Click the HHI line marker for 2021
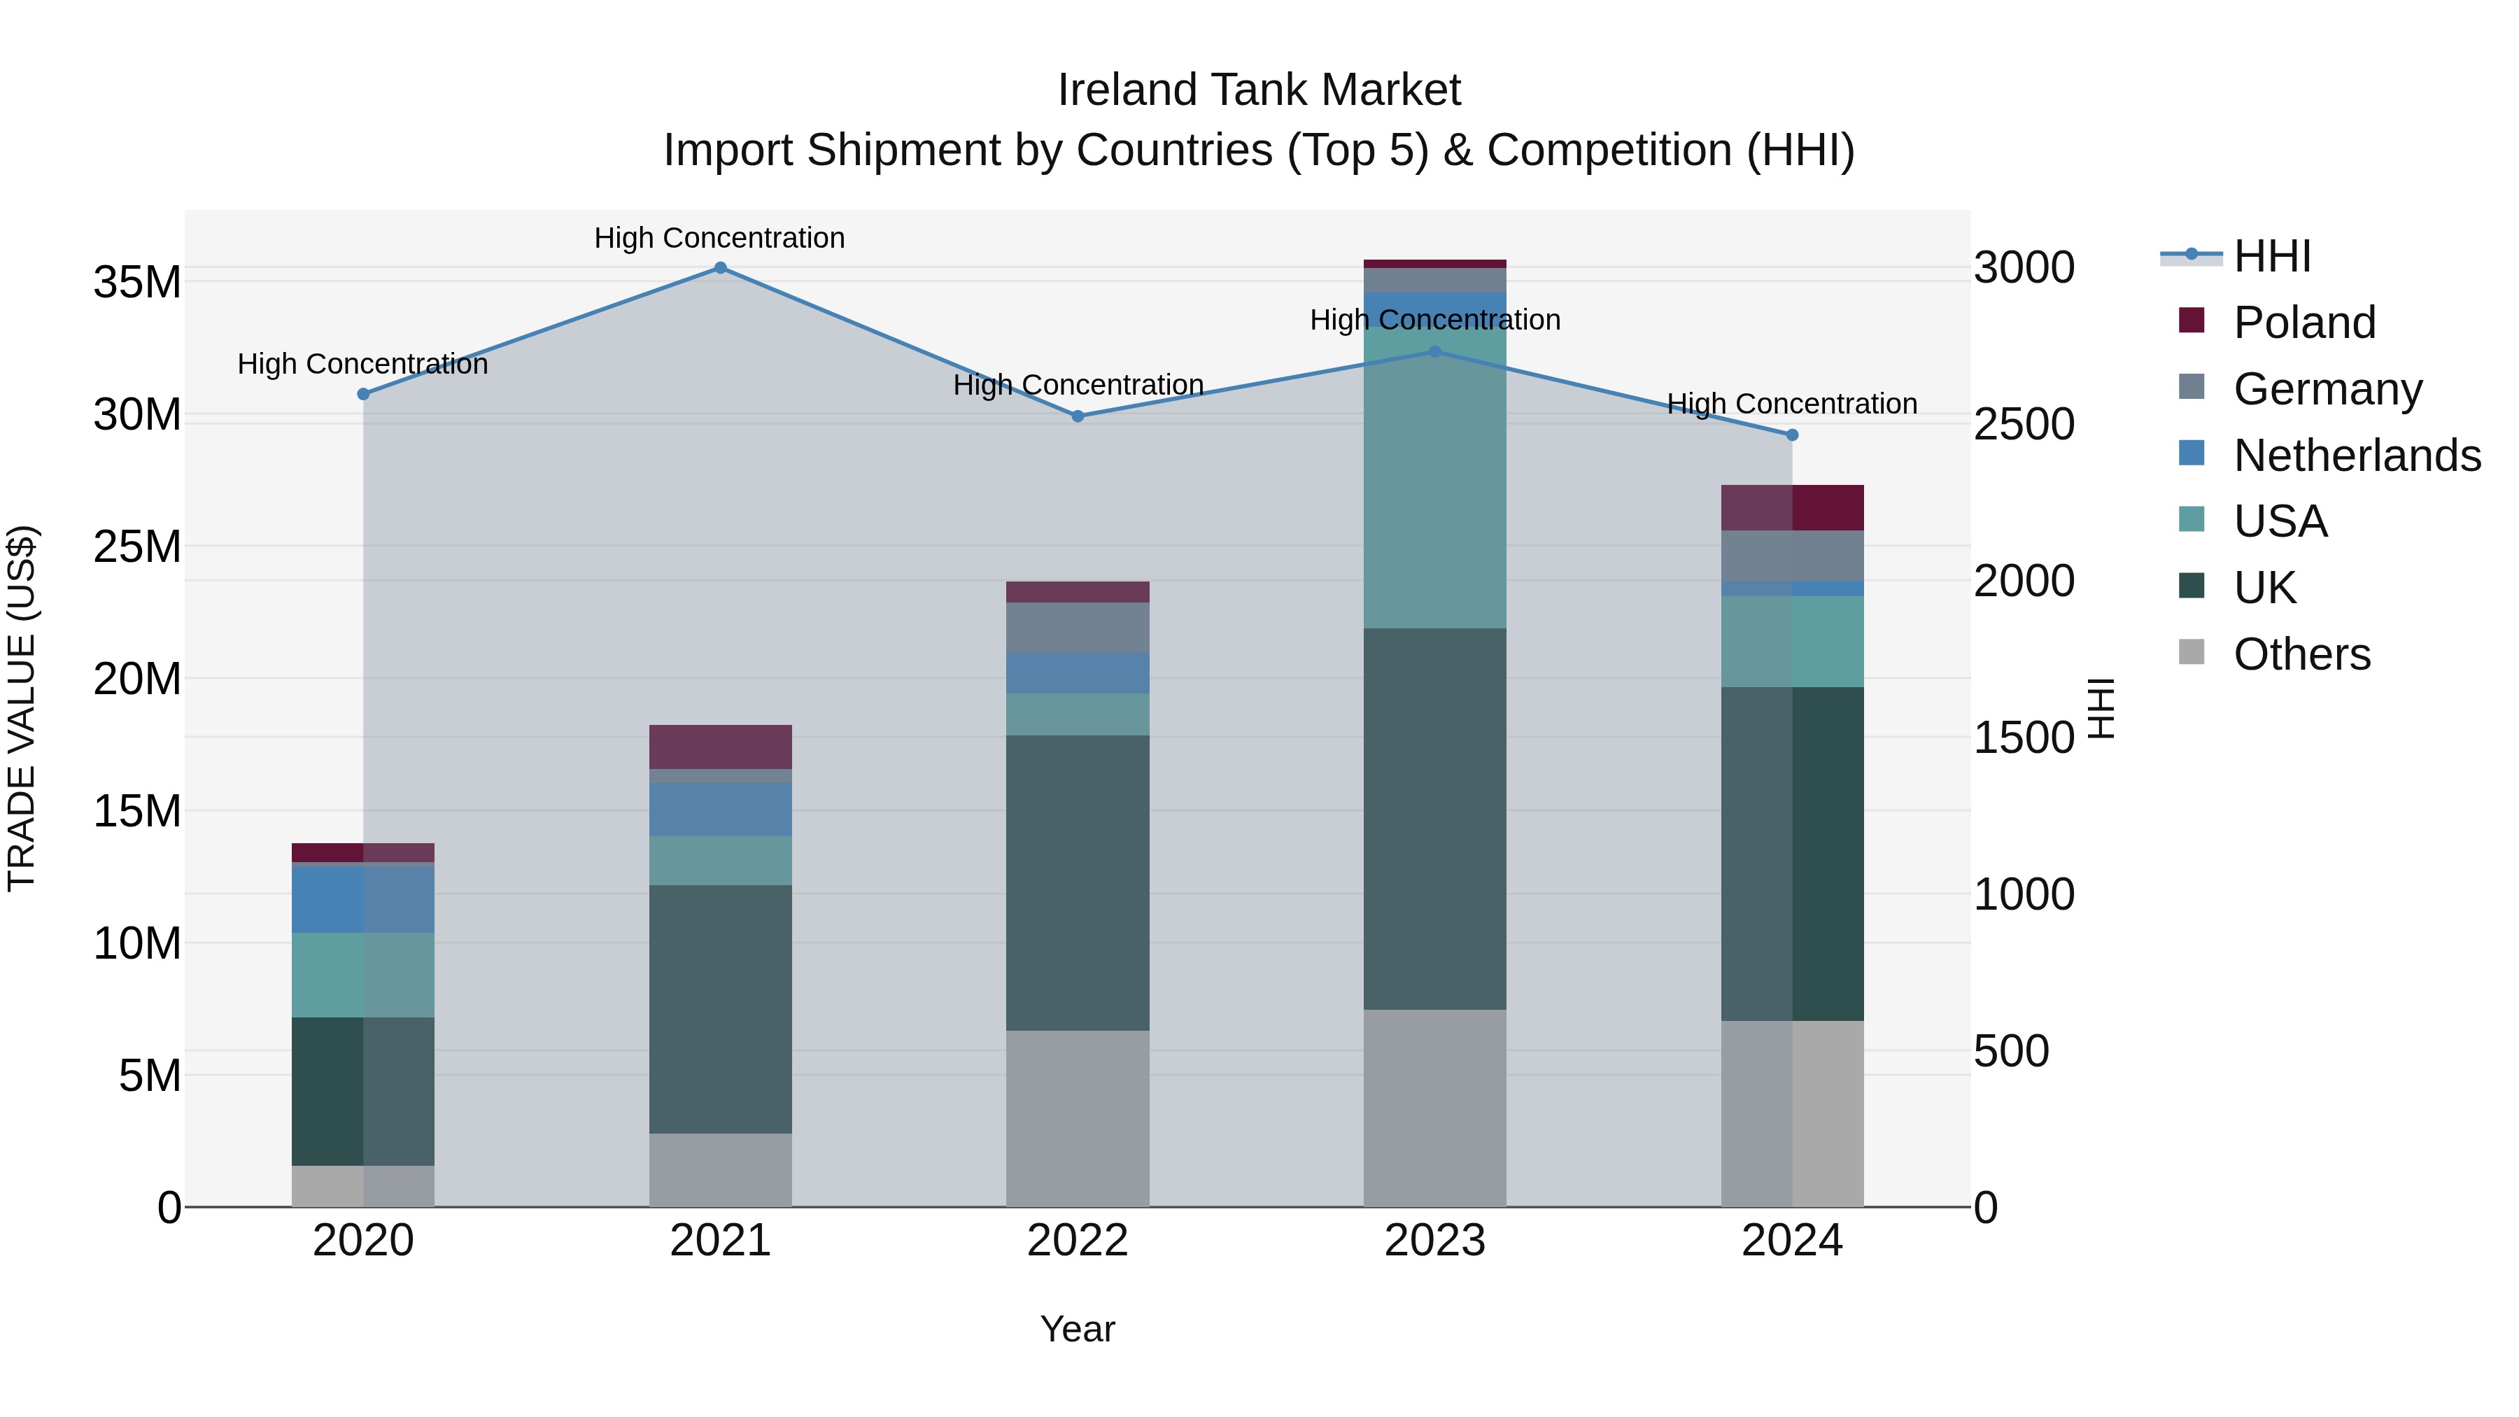pos(720,268)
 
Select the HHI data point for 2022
pos(1078,416)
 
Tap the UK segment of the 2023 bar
pos(1434,819)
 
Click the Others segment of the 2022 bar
pos(1078,1118)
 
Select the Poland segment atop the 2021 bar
pos(720,747)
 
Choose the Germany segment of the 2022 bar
pos(1078,628)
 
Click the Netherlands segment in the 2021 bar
pos(720,809)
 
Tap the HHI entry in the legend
pos(2271,256)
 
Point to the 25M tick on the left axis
pos(137,547)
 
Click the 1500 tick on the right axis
pos(2023,738)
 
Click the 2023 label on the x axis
pos(1434,1241)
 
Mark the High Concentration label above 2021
pos(720,238)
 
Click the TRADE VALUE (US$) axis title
pos(22,708)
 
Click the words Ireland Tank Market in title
pos(1259,90)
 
